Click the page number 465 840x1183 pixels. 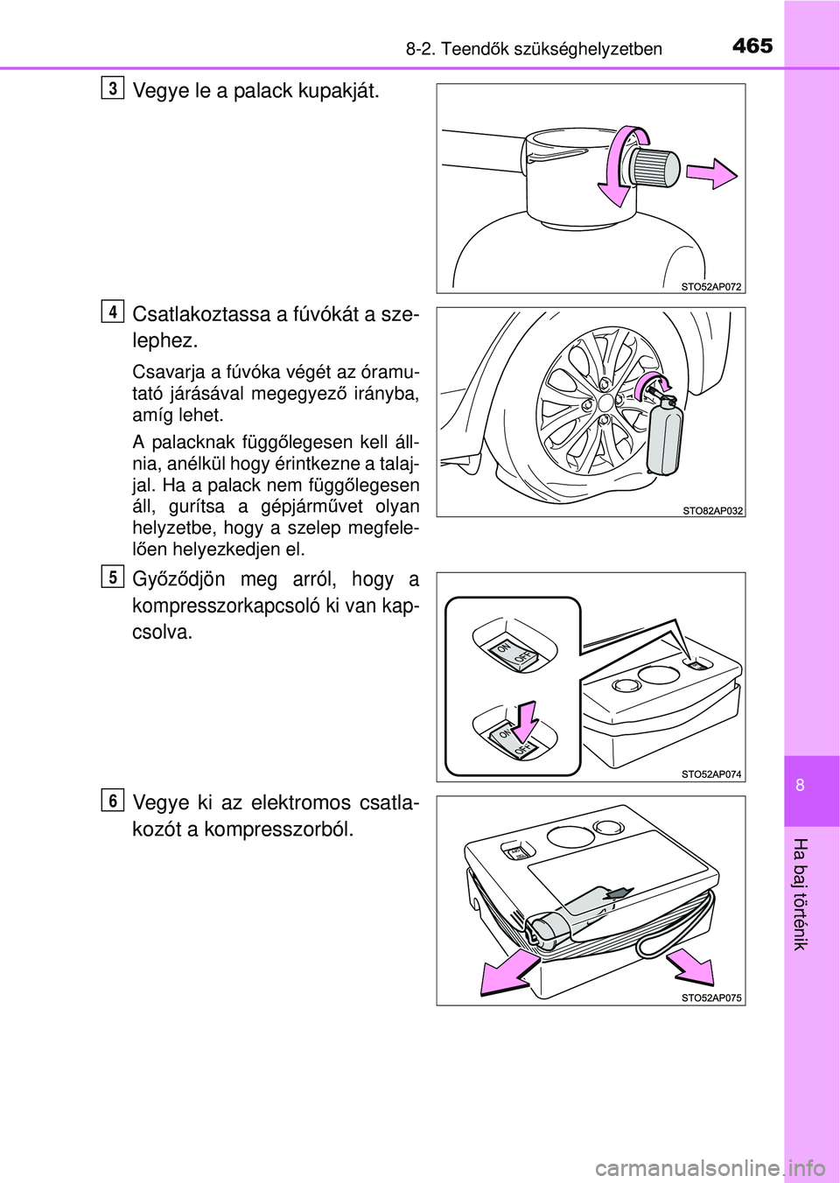coord(752,46)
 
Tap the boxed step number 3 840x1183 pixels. coord(113,88)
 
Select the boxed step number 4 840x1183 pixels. coord(113,311)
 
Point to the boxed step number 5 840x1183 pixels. coord(113,577)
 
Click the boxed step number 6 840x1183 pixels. coord(113,800)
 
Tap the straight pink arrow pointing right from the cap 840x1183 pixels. coord(711,173)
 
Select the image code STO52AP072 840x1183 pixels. coord(710,287)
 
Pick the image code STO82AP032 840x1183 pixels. coord(713,510)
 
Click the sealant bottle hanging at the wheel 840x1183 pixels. coord(665,439)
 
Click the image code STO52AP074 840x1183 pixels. coord(711,774)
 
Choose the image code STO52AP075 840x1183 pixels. coord(711,998)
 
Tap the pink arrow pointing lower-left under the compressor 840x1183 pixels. coord(510,974)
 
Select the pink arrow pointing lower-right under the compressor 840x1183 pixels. coord(690,966)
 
